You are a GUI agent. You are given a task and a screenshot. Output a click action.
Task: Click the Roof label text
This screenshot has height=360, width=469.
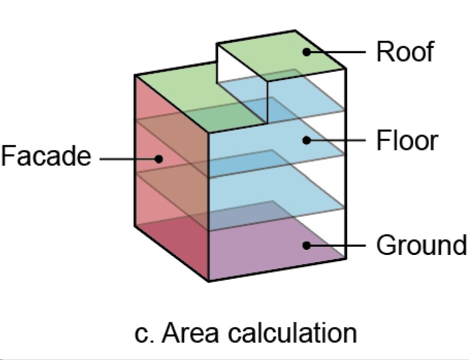[x=405, y=52]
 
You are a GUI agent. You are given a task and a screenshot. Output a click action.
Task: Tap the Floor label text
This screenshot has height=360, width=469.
[x=407, y=140]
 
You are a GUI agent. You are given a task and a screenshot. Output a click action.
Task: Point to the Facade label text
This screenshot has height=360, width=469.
[x=45, y=157]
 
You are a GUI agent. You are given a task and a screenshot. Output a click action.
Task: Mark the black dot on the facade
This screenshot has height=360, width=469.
[x=160, y=159]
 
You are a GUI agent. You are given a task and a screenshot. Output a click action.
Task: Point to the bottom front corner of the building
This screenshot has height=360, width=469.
[x=209, y=281]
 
